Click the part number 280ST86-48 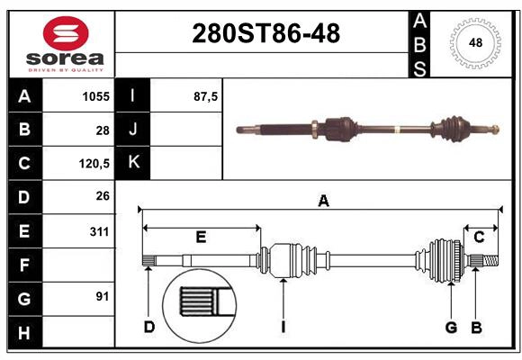tap(266, 34)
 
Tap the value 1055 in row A tap(95, 95)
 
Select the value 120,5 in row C tap(94, 164)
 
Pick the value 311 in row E tap(98, 231)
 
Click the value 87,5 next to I tap(206, 95)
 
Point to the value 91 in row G tap(102, 296)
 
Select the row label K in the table tap(133, 163)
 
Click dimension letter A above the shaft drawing tap(323, 202)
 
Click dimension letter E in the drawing tap(201, 238)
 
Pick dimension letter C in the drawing tap(479, 237)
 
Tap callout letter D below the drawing tap(149, 327)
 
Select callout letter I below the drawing tap(283, 327)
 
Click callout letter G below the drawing tap(451, 327)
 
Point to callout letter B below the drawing tap(476, 327)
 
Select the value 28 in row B tap(103, 130)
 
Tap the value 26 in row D tap(102, 195)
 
